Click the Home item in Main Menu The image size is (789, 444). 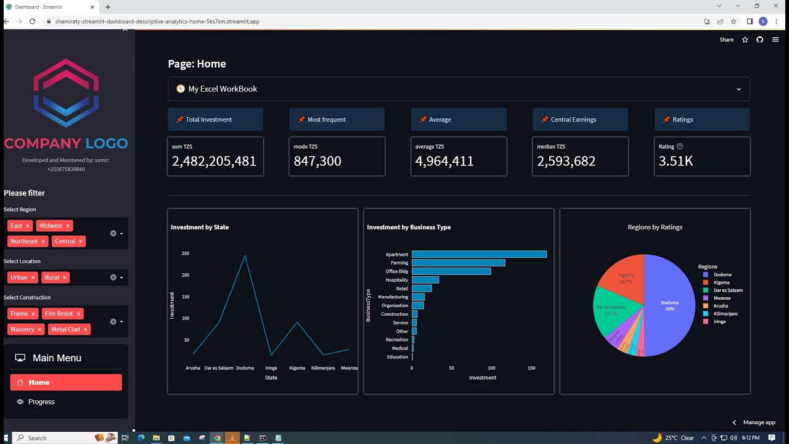point(65,382)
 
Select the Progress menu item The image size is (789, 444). point(41,401)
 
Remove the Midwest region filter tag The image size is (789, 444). point(68,226)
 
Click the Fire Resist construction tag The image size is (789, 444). point(59,313)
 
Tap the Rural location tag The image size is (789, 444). point(52,277)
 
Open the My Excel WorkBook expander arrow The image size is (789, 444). point(738,89)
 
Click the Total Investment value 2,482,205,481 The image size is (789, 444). point(214,161)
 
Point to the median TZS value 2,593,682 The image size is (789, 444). point(566,161)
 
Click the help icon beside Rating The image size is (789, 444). point(680,147)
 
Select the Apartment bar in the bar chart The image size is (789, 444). point(478,254)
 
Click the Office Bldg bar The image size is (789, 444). point(451,271)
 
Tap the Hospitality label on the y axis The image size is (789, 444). point(396,280)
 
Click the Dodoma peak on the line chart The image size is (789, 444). point(245,256)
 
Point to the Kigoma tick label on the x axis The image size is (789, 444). point(297,368)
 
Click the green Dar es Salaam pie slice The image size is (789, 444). point(610,310)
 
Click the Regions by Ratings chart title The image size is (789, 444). point(655,227)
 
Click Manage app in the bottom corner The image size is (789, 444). point(759,422)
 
